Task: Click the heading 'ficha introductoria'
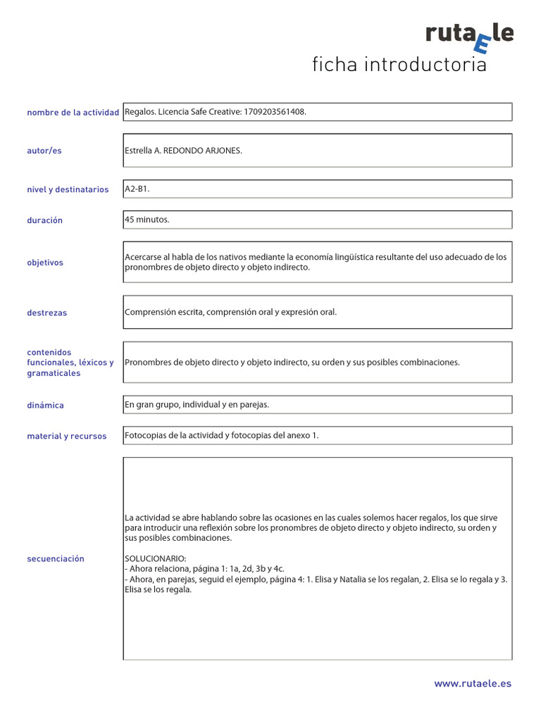point(399,65)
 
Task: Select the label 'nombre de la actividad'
point(73,113)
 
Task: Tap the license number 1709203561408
point(275,112)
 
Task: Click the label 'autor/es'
point(44,151)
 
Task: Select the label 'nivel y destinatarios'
point(68,189)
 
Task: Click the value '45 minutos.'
point(147,220)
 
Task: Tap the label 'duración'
point(44,220)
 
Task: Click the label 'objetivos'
point(45,263)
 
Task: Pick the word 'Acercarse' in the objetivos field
point(142,257)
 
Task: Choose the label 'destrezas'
point(46,313)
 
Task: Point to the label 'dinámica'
point(45,406)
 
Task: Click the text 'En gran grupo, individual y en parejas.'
point(197,405)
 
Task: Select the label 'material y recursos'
point(67,437)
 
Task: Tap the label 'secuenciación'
point(56,559)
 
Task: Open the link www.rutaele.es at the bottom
point(473,684)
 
